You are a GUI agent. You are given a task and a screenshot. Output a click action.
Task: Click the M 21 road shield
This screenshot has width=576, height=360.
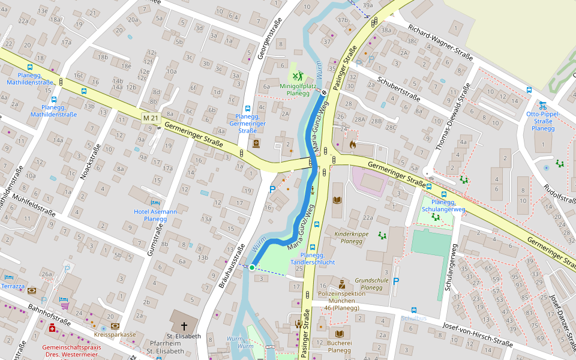151,118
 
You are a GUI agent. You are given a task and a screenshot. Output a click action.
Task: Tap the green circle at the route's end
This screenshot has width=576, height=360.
252,268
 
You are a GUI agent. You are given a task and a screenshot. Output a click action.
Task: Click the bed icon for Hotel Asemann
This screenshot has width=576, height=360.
155,203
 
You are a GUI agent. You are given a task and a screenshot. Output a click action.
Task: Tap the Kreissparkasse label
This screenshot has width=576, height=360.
114,334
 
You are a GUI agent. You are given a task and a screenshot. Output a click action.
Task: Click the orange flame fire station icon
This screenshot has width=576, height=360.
352,145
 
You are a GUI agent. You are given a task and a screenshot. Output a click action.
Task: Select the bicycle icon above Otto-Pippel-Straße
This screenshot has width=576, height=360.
542,104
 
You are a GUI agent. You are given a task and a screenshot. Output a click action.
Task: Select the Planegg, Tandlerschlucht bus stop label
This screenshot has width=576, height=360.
313,259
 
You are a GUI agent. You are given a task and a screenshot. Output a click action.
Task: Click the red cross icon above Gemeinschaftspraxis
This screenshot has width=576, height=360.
52,328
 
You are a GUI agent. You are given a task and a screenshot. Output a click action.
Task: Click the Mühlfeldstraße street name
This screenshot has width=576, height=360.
33,205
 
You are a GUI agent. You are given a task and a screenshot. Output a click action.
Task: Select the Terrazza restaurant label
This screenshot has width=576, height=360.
13,287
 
